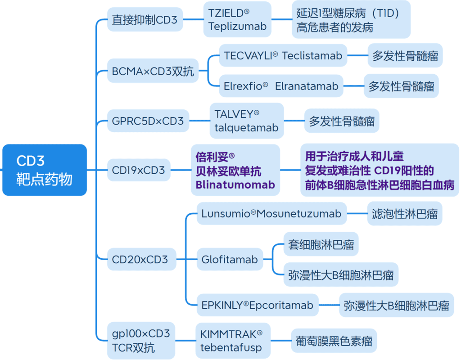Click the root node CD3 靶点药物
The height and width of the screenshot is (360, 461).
[44, 170]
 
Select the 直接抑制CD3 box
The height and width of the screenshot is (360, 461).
[145, 20]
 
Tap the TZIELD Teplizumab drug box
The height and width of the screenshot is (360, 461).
[237, 20]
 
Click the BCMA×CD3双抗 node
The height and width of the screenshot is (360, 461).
[153, 71]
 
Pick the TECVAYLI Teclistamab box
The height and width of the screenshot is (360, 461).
[283, 56]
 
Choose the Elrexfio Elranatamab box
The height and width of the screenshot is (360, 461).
[281, 86]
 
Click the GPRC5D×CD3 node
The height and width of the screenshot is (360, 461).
[148, 121]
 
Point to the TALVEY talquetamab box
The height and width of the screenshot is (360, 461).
[246, 121]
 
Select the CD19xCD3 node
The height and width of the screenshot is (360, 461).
[138, 170]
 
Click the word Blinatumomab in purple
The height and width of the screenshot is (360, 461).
[235, 184]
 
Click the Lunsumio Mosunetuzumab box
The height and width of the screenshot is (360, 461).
[271, 214]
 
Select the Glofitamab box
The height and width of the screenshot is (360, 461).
[230, 259]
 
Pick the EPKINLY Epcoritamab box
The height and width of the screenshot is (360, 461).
[258, 305]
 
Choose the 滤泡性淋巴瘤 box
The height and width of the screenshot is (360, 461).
[405, 214]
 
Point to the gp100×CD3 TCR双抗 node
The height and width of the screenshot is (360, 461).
[141, 341]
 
